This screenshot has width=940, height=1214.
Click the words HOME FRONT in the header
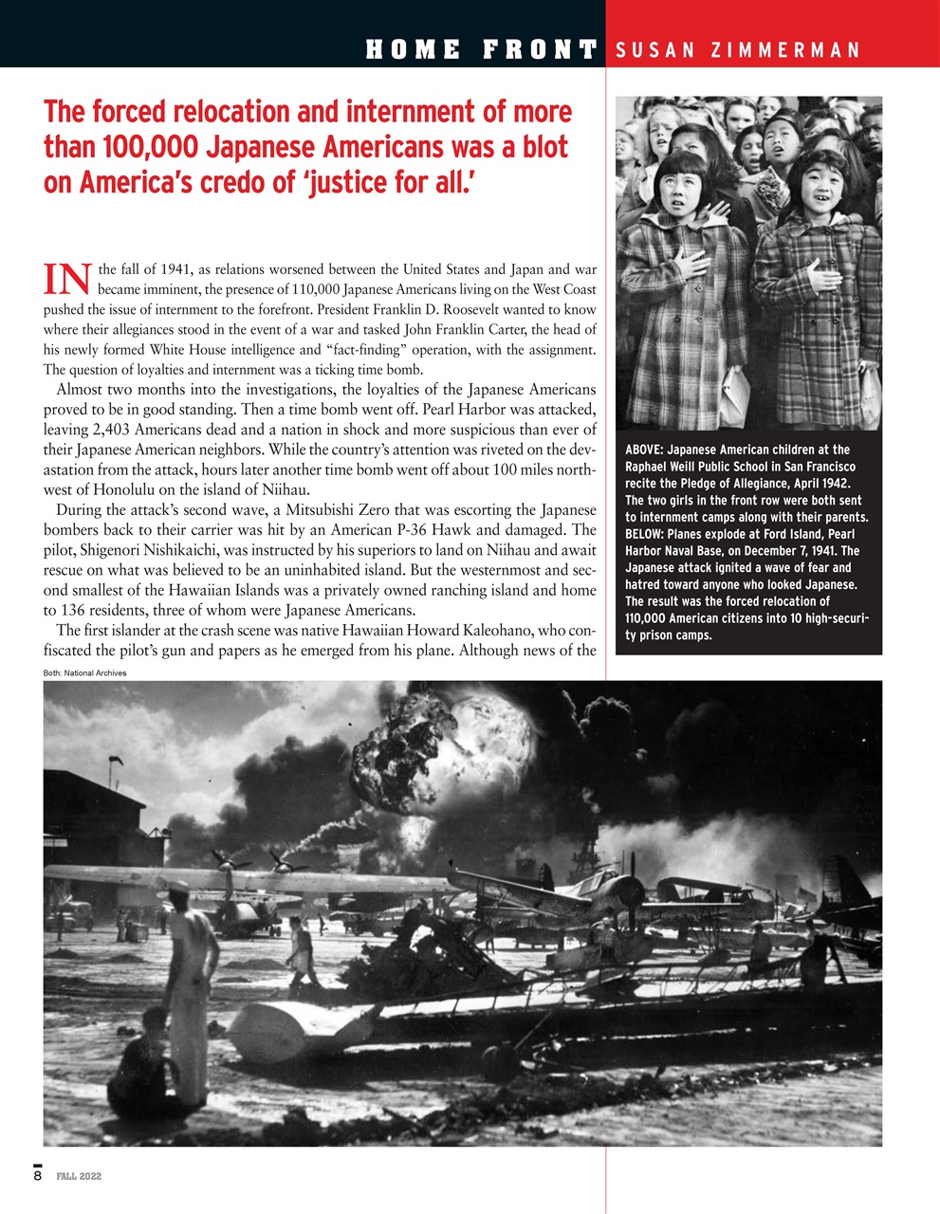[x=481, y=49]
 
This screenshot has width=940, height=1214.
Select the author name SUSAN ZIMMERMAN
[x=738, y=50]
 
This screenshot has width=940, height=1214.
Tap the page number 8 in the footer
[x=38, y=1176]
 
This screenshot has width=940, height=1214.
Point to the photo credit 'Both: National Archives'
[x=84, y=672]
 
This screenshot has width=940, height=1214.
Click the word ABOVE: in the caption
[x=645, y=450]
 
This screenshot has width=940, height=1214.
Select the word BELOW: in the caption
[x=645, y=534]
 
